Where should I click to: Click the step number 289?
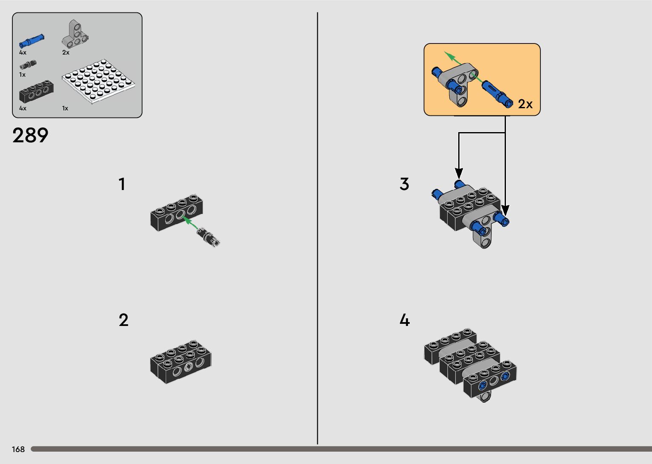coord(30,135)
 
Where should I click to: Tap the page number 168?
coord(18,449)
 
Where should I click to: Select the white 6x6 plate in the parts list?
coord(98,81)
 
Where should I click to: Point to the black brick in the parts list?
coord(36,92)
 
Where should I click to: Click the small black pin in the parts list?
coord(28,65)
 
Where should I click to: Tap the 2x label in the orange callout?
coord(525,104)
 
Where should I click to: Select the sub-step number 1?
coord(122,184)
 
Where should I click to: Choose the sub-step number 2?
coord(124,320)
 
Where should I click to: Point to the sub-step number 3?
coord(404,184)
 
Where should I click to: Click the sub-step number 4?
coord(405,320)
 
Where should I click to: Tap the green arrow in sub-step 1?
coord(190,223)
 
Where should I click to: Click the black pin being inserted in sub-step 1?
coord(208,236)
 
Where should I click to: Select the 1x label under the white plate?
coord(65,108)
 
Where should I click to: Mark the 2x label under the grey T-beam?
coord(66,52)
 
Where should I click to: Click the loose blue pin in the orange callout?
coord(497,94)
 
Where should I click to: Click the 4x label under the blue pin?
coord(23,52)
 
